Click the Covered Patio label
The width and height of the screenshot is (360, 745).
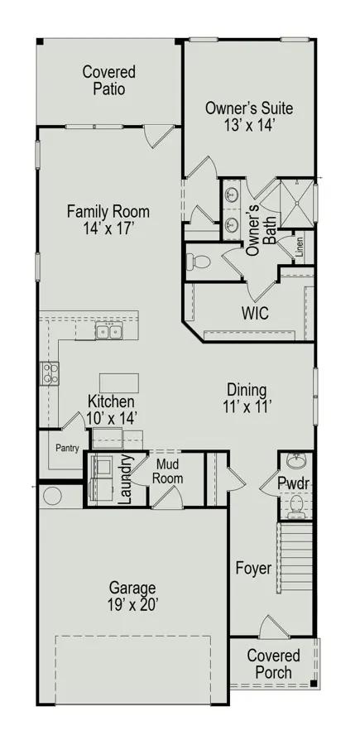tap(108, 80)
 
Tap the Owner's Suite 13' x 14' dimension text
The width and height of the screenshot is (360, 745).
tap(249, 124)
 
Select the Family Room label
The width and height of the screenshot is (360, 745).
tap(108, 211)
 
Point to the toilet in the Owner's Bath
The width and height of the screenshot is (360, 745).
tap(199, 261)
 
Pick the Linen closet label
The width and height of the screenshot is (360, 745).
tap(299, 247)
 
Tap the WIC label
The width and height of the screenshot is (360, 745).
tap(255, 313)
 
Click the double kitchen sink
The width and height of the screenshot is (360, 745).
tap(109, 329)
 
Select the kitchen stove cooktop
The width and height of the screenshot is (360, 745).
tap(50, 373)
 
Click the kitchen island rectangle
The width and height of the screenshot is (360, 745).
tap(119, 383)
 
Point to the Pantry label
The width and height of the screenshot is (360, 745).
tap(67, 448)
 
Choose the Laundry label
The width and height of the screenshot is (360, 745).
tap(125, 479)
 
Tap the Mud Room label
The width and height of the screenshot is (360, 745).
tap(170, 470)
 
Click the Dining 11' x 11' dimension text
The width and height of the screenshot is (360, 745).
tap(247, 406)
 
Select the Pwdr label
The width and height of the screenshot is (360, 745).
tap(294, 483)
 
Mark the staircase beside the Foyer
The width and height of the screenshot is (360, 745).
tap(295, 557)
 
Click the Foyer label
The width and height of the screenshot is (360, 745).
tap(254, 568)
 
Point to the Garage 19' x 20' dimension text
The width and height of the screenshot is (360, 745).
tap(132, 605)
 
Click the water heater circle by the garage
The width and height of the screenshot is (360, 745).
tap(52, 496)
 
